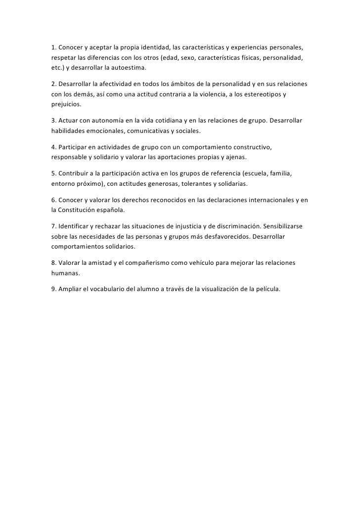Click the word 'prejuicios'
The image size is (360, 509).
click(x=66, y=104)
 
